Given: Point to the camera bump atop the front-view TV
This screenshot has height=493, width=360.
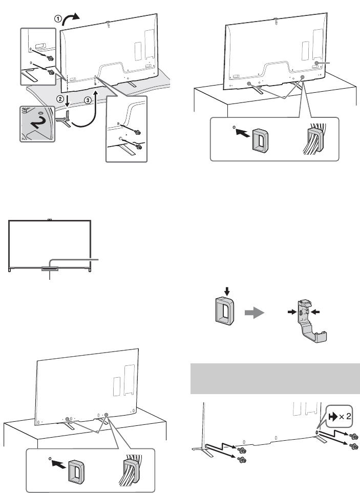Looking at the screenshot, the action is tap(50, 220).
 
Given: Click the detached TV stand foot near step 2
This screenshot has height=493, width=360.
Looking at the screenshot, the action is tap(63, 121).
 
